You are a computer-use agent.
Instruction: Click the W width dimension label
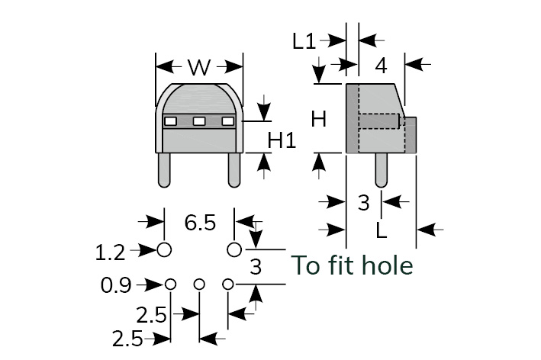coord(198,67)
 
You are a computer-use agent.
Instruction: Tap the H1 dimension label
coord(282,140)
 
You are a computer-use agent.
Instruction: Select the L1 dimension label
coord(304,41)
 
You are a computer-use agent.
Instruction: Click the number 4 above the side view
coord(381,66)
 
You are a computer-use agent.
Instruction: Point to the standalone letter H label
coord(319,119)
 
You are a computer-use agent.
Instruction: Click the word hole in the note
coord(387,265)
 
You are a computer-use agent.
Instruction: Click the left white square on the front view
coord(170,121)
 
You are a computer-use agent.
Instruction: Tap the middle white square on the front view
coord(198,121)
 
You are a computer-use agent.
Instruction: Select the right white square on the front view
coord(227,121)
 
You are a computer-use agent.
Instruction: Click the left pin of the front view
coord(164,169)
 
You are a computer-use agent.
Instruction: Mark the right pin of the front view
coord(234,169)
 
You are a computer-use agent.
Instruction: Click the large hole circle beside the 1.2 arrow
coord(164,249)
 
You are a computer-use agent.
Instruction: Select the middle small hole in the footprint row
coord(199,284)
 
